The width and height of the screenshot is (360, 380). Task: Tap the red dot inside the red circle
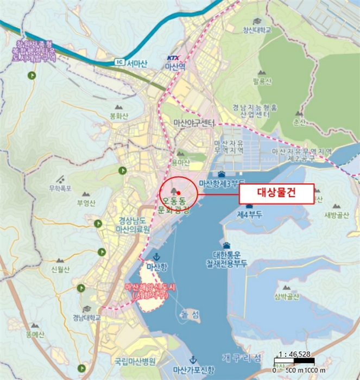[x=178, y=193]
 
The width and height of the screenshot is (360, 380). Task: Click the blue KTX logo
[x=173, y=57]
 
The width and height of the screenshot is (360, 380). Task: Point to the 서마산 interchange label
[x=137, y=62]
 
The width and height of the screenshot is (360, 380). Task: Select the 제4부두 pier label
[x=249, y=214]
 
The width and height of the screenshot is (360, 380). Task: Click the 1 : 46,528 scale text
[x=293, y=354]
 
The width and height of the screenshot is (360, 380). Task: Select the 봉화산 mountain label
[x=119, y=116]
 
